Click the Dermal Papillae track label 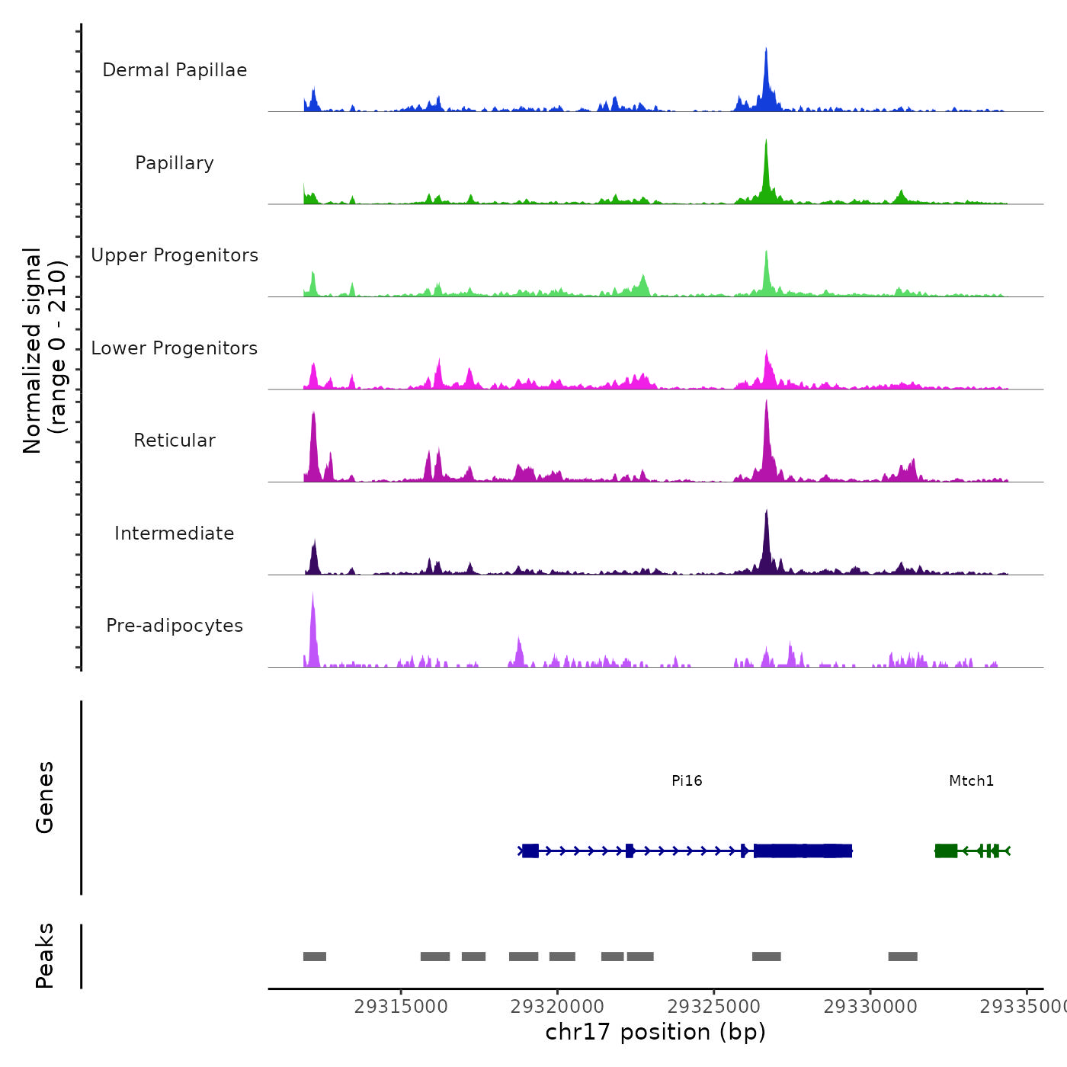(175, 70)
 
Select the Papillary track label (175, 163)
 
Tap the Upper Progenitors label (175, 255)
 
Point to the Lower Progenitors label (175, 348)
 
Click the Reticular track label (175, 441)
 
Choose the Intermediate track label (175, 533)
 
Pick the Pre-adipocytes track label (175, 626)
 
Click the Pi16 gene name (687, 780)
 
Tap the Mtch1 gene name (971, 780)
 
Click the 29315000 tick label (401, 1007)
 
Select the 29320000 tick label (557, 1007)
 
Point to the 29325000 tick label (714, 1007)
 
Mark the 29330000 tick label (870, 1007)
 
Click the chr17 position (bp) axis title (655, 1032)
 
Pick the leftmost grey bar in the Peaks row (315, 956)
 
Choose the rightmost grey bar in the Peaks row (902, 956)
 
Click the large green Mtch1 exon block (946, 851)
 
